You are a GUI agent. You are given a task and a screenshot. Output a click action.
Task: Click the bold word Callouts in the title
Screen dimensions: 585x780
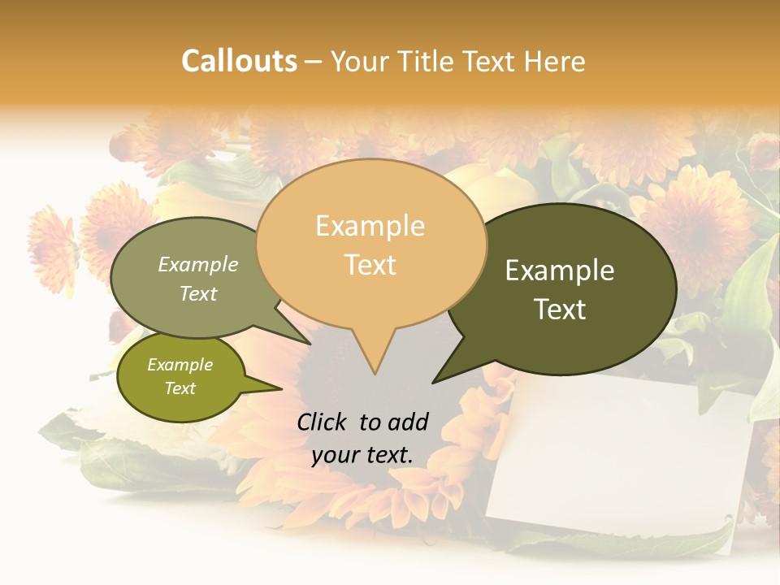point(239,61)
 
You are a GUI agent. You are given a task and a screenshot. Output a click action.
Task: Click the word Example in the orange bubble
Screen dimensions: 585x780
point(370,226)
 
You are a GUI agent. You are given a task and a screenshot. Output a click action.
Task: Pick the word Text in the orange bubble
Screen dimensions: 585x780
point(370,265)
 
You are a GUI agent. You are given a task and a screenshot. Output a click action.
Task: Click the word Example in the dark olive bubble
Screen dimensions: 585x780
point(560,271)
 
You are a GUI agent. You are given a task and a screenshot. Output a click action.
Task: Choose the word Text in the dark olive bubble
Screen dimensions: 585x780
point(560,310)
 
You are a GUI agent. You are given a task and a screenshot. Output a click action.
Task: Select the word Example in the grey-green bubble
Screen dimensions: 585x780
point(198,264)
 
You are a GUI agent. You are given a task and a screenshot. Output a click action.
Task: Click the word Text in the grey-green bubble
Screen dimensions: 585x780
point(198,293)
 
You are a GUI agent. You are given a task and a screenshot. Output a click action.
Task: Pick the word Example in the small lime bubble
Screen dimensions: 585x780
point(180,365)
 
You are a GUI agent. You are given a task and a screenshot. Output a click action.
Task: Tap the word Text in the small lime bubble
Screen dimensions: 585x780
point(180,388)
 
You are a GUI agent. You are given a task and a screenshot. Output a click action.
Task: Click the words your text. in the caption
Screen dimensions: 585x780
point(362,455)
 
